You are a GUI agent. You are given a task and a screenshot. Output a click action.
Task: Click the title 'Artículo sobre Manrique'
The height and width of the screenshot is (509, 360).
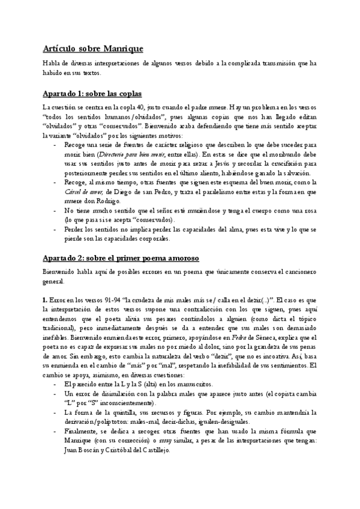point(93,49)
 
